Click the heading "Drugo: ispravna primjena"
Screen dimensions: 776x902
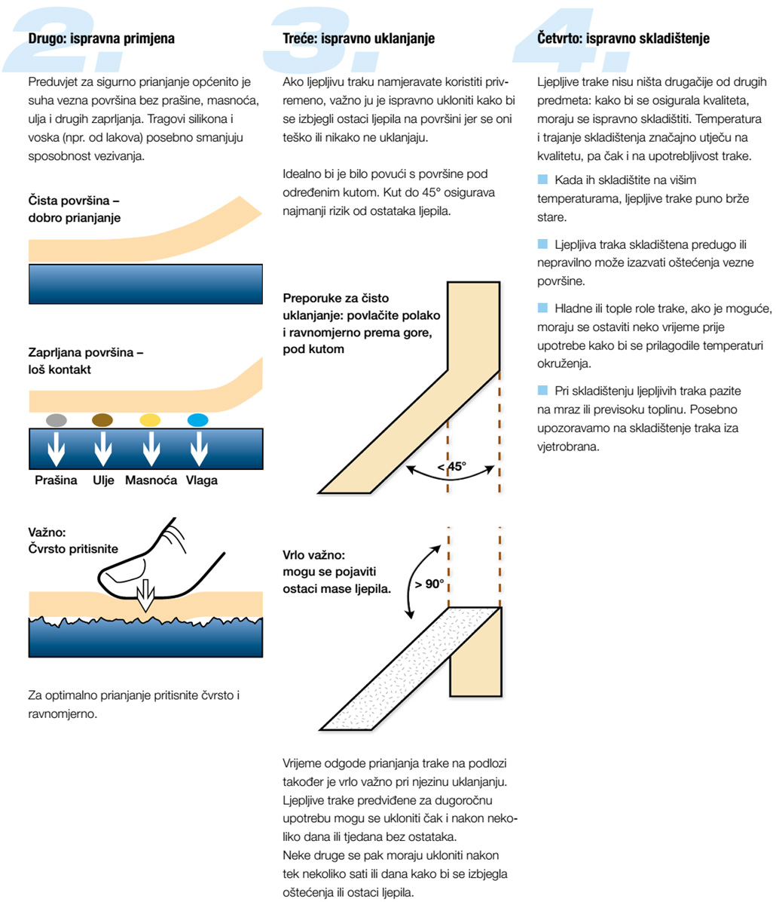point(101,38)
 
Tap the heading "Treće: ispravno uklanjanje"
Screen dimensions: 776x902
point(359,38)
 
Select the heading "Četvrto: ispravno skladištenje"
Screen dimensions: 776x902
point(623,38)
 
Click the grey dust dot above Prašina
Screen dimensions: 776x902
point(57,420)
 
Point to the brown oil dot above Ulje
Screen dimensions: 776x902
point(102,420)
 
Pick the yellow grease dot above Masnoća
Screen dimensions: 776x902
point(150,420)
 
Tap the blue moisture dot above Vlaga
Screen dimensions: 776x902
point(197,420)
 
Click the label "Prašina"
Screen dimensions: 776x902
point(56,480)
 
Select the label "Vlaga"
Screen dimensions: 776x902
point(202,480)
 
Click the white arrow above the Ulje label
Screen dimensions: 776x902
point(103,449)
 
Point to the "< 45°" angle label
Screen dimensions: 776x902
point(452,467)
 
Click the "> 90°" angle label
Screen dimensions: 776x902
point(429,584)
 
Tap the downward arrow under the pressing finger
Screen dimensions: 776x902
point(145,595)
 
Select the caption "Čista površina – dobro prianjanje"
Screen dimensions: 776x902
point(74,209)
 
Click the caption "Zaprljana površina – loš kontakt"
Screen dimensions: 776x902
point(86,360)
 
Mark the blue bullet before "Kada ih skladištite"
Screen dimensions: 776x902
point(542,179)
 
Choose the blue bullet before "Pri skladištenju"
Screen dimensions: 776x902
point(542,391)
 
